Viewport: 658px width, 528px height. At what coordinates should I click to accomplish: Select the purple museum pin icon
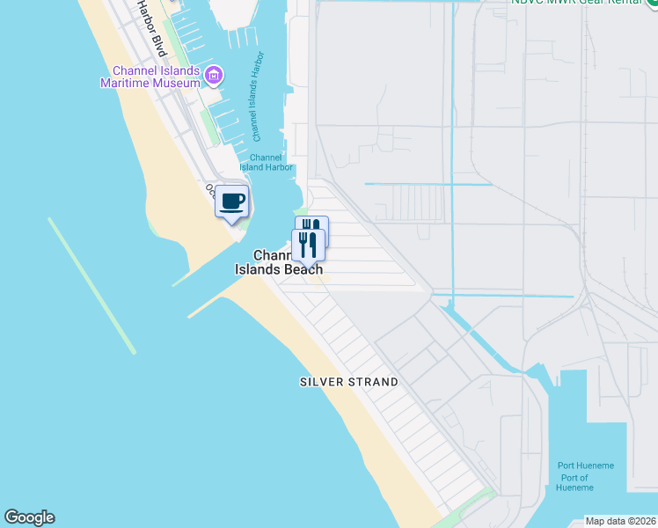pos(212,77)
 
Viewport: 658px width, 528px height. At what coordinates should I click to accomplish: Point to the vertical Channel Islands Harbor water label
pos(259,102)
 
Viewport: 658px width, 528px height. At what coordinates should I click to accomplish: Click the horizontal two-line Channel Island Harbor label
pos(266,162)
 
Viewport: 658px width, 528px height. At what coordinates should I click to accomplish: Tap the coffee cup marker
pos(232,202)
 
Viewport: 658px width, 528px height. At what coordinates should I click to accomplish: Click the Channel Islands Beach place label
pos(279,262)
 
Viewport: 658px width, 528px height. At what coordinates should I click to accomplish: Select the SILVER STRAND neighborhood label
pos(349,382)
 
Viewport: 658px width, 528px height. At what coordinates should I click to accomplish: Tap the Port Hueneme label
pos(586,466)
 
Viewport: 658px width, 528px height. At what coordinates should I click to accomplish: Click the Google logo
pos(29,517)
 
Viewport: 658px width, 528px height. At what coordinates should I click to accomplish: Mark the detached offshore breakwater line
pos(91,285)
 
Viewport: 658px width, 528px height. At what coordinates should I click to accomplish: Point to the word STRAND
pos(373,382)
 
